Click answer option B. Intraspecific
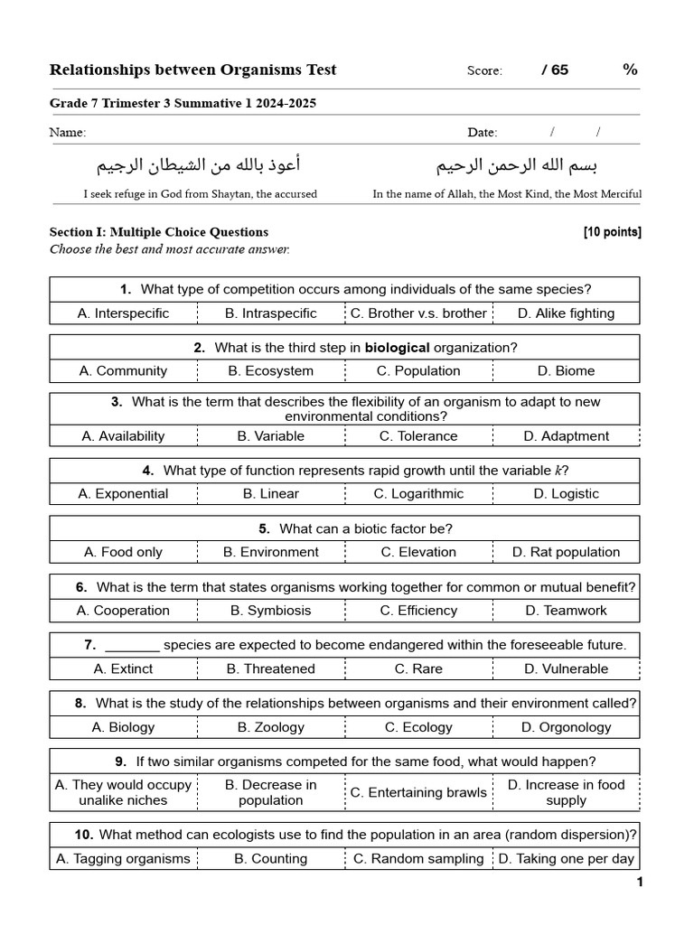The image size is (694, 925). coord(271,313)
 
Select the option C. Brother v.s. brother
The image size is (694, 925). coord(418,313)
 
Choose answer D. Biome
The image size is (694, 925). coord(566,370)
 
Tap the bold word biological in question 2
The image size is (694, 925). coord(397,347)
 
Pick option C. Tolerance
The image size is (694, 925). coord(418,435)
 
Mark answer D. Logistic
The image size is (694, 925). coord(566,493)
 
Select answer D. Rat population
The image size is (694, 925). coord(566,552)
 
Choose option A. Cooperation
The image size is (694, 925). coord(123,611)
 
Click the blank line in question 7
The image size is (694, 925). coord(132,646)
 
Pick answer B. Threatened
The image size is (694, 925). coord(271,669)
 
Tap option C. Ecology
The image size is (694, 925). coord(418,727)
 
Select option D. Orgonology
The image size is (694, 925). coord(566,727)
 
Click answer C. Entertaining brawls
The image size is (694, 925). coord(418,792)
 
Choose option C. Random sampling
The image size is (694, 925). coord(418,859)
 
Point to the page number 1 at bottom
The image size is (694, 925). coord(640,883)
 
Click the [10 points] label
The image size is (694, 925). coord(612,232)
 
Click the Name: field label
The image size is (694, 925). coord(68,133)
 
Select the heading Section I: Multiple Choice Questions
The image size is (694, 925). coord(159,232)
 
